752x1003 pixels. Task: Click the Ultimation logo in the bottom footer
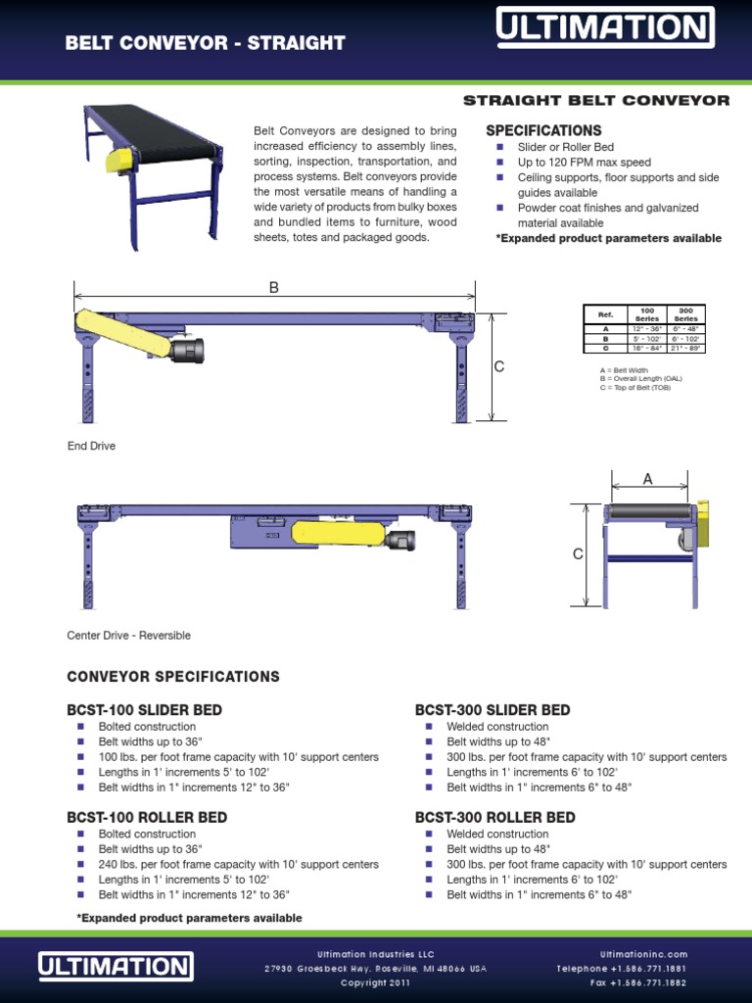pyautogui.click(x=116, y=966)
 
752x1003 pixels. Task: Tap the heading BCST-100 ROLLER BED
pyautogui.click(x=147, y=817)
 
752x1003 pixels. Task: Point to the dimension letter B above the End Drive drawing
pyautogui.click(x=274, y=288)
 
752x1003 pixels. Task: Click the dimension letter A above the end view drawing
pyautogui.click(x=647, y=478)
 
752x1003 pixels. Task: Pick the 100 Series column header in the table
pyautogui.click(x=647, y=314)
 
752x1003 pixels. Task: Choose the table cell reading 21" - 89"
pyautogui.click(x=685, y=348)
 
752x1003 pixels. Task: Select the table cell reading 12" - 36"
pyautogui.click(x=647, y=329)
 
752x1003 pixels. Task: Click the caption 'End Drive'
pyautogui.click(x=91, y=447)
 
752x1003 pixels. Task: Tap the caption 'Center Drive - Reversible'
pyautogui.click(x=128, y=636)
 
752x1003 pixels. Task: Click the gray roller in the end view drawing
pyautogui.click(x=648, y=512)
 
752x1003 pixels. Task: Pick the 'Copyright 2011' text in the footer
pyautogui.click(x=375, y=982)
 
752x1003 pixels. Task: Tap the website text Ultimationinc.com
pyautogui.click(x=643, y=954)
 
